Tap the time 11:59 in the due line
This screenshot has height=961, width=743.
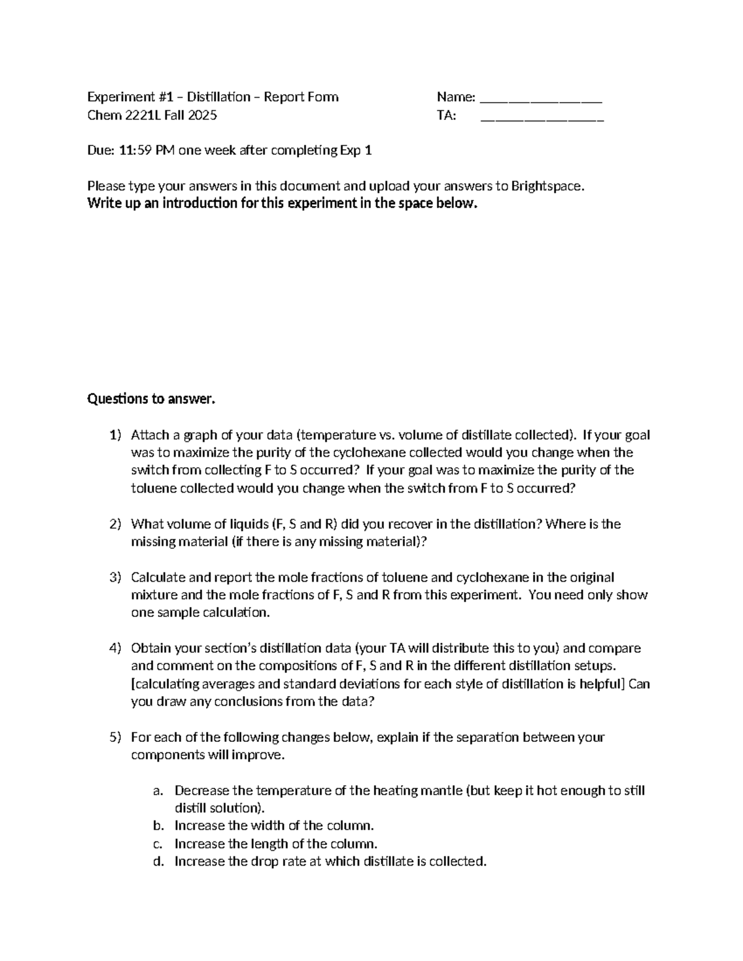click(135, 150)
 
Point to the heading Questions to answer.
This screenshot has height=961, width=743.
click(151, 399)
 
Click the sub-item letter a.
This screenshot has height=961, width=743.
click(159, 791)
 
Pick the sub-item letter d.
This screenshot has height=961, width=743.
click(159, 861)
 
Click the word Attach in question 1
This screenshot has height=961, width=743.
click(148, 435)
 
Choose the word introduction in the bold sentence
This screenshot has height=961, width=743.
click(198, 204)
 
